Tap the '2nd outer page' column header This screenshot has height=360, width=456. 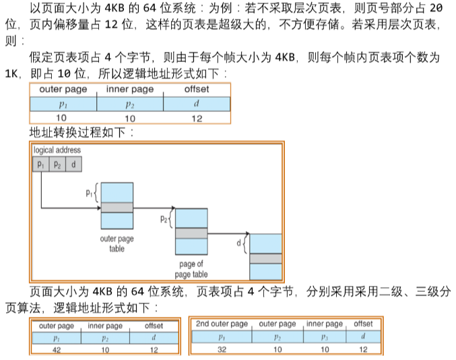tap(221, 324)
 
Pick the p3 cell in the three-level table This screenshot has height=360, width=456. tap(325, 336)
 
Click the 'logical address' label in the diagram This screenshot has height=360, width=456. tap(57, 150)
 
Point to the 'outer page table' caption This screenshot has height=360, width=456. tap(117, 243)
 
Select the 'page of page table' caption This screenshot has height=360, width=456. tap(191, 270)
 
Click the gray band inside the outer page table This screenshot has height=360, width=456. tap(117, 207)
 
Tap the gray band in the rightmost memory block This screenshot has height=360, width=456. tap(265, 258)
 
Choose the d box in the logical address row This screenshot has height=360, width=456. tap(73, 164)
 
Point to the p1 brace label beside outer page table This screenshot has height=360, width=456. tap(90, 193)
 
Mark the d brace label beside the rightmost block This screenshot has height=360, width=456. tap(238, 242)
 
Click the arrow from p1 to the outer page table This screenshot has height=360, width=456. tap(67, 207)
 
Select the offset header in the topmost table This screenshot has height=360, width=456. tap(196, 90)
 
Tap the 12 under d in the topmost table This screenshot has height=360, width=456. tap(196, 117)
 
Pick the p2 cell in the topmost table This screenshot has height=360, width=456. tap(130, 104)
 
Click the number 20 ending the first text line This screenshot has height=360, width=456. tap(434, 9)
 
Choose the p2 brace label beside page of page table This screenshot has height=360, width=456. tap(164, 218)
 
